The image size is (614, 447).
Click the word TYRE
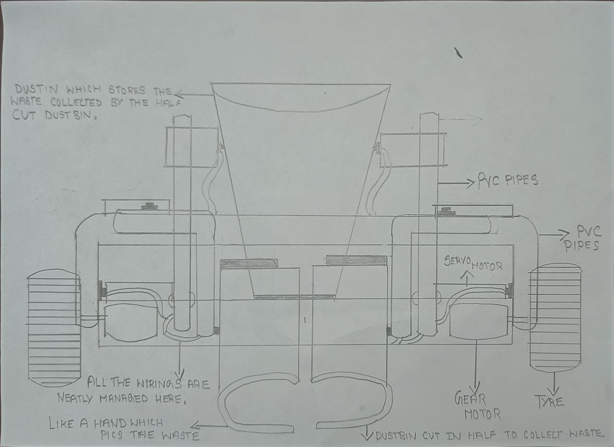pyautogui.click(x=549, y=402)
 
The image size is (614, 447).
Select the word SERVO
pyautogui.click(x=458, y=261)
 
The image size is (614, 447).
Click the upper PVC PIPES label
pyautogui.click(x=507, y=180)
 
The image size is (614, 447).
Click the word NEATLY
pyautogui.click(x=75, y=399)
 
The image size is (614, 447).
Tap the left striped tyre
pyautogui.click(x=54, y=328)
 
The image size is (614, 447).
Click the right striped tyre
pyautogui.click(x=555, y=318)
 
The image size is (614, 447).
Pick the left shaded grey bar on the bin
pyautogui.click(x=248, y=264)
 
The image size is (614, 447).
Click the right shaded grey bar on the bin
pyautogui.click(x=356, y=261)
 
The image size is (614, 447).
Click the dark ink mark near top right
pyautogui.click(x=458, y=53)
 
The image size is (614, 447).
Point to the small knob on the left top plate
pyautogui.click(x=150, y=206)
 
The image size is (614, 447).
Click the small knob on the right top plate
pyautogui.click(x=447, y=211)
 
